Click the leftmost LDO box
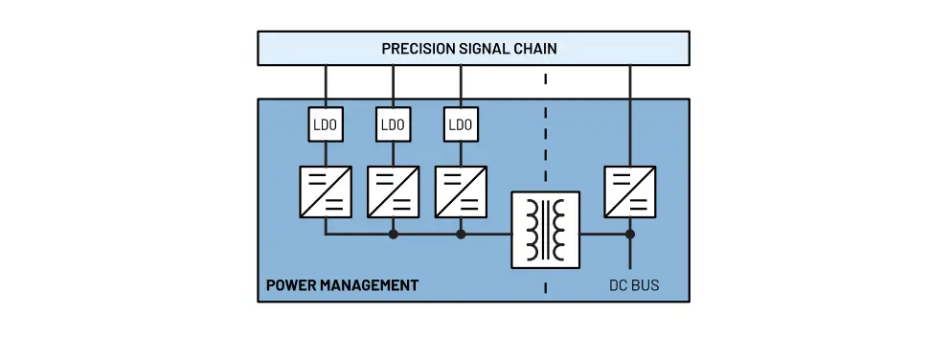click(326, 124)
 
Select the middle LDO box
click(393, 124)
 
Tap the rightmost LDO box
click(461, 124)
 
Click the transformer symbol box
click(545, 230)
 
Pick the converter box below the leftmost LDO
click(326, 191)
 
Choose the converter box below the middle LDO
click(393, 191)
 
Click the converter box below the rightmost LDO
click(461, 191)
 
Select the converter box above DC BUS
click(630, 191)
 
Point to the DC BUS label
click(634, 285)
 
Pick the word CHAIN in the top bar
click(534, 48)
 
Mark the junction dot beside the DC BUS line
click(630, 234)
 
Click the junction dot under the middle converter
click(393, 234)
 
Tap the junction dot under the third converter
click(461, 234)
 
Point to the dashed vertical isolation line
click(546, 144)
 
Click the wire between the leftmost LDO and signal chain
click(326, 87)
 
